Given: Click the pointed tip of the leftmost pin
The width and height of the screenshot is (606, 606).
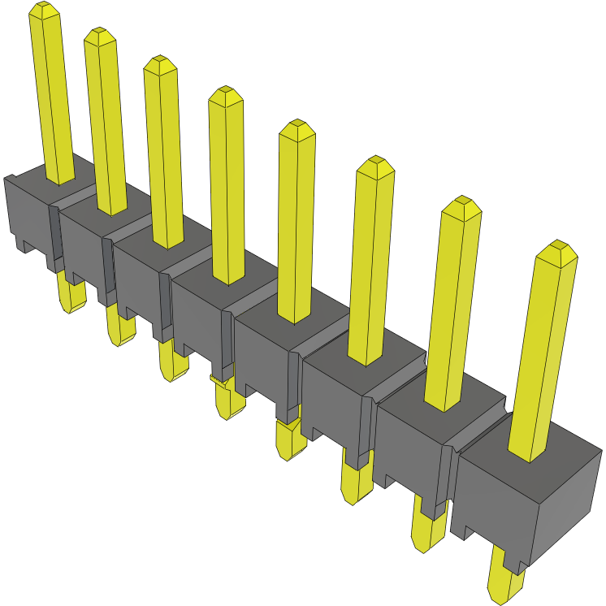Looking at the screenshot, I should pyautogui.click(x=44, y=9).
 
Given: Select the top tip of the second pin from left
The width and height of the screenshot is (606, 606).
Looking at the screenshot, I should pyautogui.click(x=100, y=35).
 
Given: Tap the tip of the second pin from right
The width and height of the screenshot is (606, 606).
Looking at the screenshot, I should pyautogui.click(x=462, y=203).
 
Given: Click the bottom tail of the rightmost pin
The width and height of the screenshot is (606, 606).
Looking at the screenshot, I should pyautogui.click(x=504, y=585).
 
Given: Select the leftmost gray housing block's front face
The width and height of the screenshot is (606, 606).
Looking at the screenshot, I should pyautogui.click(x=28, y=211).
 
